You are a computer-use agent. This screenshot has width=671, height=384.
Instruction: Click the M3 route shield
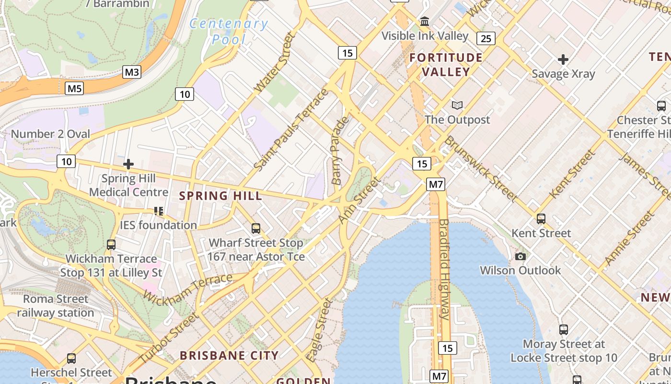coord(132,72)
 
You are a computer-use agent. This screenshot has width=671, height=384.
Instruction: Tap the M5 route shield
coord(75,88)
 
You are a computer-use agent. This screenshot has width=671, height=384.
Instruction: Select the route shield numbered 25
coord(486,38)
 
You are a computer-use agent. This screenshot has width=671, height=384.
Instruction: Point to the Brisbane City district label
coord(229,356)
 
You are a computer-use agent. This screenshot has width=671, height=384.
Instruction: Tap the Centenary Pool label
coord(229,31)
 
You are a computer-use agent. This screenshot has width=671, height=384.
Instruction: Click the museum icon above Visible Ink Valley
coord(425,22)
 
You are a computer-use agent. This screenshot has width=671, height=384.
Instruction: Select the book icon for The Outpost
coord(457,105)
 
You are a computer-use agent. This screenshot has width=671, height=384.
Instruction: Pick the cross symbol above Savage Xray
coord(563,60)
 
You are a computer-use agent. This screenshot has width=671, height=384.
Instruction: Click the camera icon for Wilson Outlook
coord(520,257)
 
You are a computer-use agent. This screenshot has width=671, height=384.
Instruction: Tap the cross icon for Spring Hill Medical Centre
coord(128,164)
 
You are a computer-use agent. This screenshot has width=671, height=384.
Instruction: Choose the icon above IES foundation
coord(159,211)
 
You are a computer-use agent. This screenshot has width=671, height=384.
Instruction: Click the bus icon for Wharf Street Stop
coord(256,228)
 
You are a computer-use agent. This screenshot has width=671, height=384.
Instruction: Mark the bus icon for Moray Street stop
coord(564,330)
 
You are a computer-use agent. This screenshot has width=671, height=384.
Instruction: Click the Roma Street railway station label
coord(56,306)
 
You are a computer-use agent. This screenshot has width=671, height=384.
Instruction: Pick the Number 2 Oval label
coord(50,134)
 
